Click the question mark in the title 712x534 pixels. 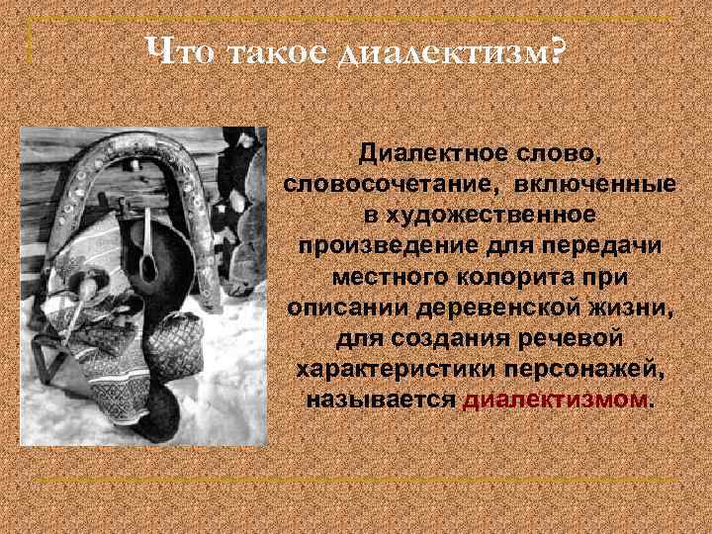coord(560,49)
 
